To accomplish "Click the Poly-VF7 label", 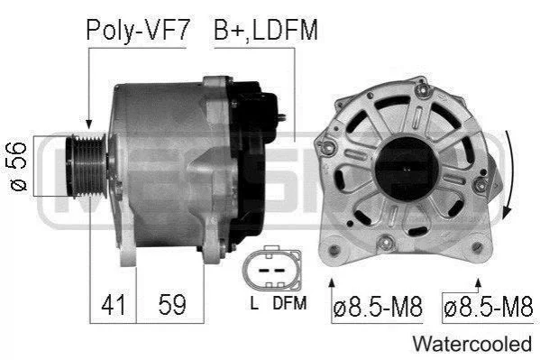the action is pyautogui.click(x=138, y=31).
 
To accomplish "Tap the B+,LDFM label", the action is pyautogui.click(x=266, y=31).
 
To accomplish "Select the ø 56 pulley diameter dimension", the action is pyautogui.click(x=18, y=166).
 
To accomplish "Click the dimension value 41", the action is pyautogui.click(x=113, y=304).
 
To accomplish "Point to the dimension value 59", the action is pyautogui.click(x=172, y=304).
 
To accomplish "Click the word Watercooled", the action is pyautogui.click(x=472, y=344).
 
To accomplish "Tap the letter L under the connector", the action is pyautogui.click(x=254, y=303).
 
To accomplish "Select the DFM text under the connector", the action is pyautogui.click(x=289, y=303).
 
